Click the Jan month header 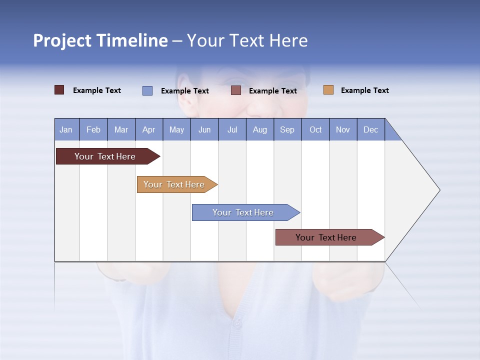click(66, 129)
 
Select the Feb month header click(93, 129)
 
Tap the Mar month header click(121, 129)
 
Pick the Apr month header click(149, 129)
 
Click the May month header click(176, 129)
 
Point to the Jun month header click(204, 129)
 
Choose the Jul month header click(232, 129)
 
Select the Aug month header click(260, 129)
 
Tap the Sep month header click(287, 129)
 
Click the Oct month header click(315, 129)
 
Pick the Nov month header click(343, 129)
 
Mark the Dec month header click(371, 129)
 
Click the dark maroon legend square click(59, 90)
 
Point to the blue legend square click(147, 90)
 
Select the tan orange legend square click(328, 90)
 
